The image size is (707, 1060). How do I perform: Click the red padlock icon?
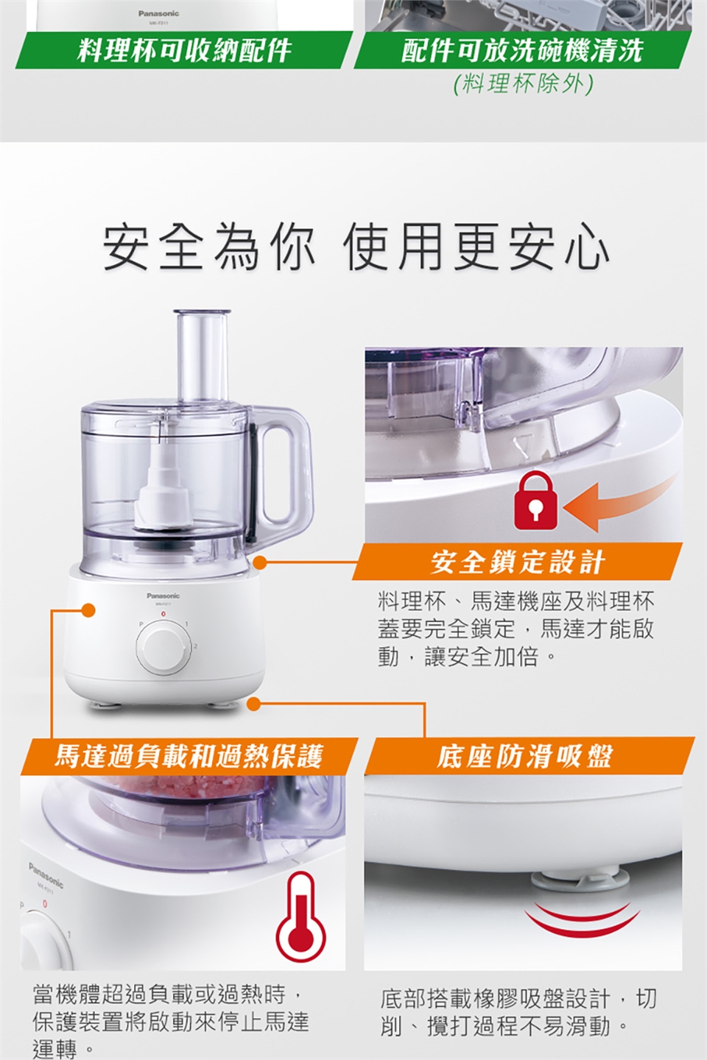(x=535, y=502)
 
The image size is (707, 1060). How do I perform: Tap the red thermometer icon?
(x=301, y=916)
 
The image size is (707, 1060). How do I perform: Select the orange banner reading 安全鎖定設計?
(x=517, y=562)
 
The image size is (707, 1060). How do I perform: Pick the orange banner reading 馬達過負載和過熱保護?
(x=189, y=756)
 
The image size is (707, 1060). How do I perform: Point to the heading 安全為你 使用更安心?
(x=356, y=248)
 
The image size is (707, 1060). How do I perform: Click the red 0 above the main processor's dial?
(x=163, y=614)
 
